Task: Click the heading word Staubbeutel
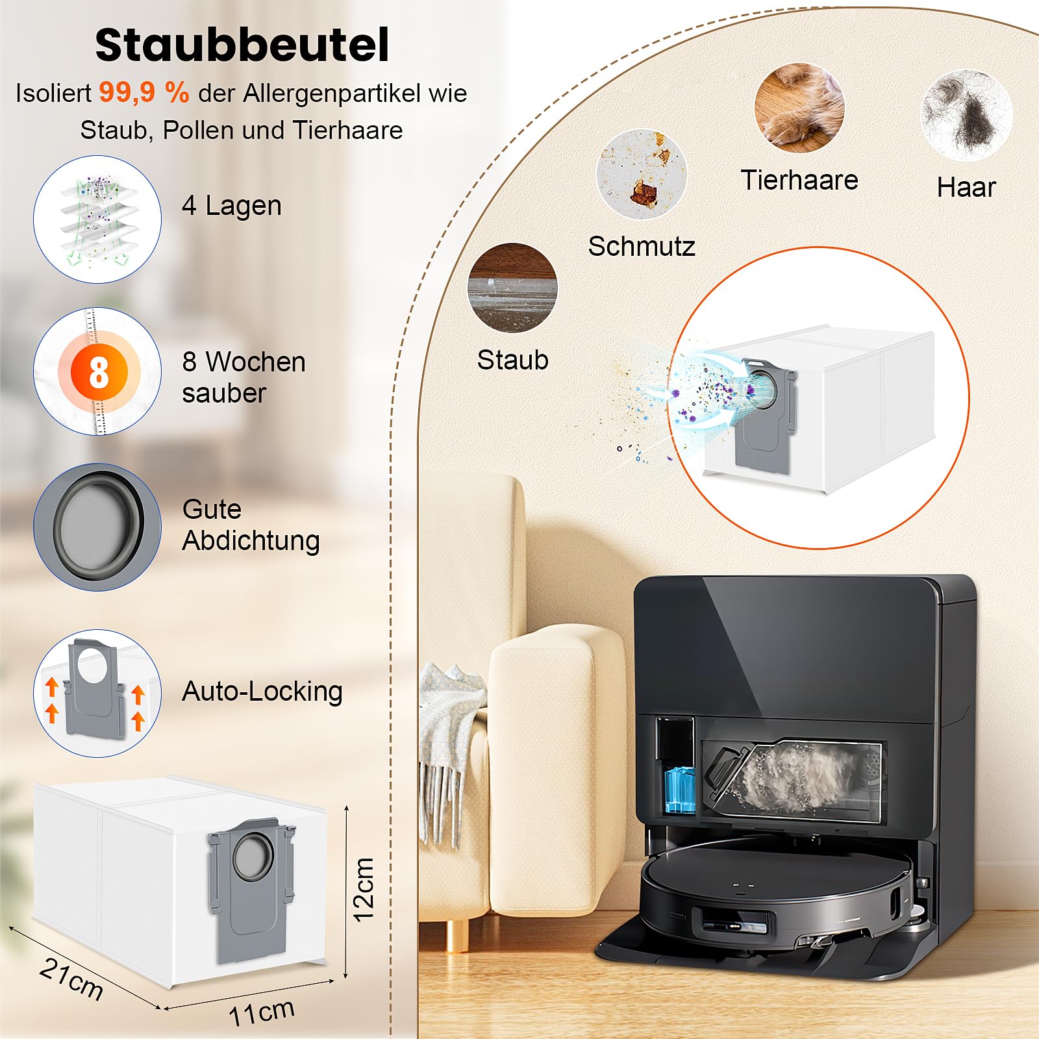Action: click(x=242, y=45)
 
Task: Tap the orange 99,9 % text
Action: click(x=144, y=92)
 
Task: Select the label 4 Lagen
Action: click(x=232, y=206)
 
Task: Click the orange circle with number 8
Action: click(x=99, y=372)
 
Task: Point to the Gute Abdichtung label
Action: click(x=251, y=525)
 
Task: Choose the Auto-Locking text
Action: click(x=262, y=691)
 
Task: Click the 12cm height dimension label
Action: click(x=364, y=889)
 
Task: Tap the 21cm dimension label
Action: click(x=71, y=979)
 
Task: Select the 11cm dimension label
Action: click(x=262, y=1012)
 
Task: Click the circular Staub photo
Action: click(x=512, y=288)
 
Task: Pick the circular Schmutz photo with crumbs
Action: click(x=642, y=174)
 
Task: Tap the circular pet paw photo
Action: click(x=799, y=108)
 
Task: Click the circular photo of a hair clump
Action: click(x=967, y=116)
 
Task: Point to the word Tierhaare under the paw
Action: click(x=799, y=180)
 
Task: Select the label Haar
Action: click(x=966, y=187)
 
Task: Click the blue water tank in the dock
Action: click(x=680, y=790)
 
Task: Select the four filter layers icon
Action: click(x=97, y=219)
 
